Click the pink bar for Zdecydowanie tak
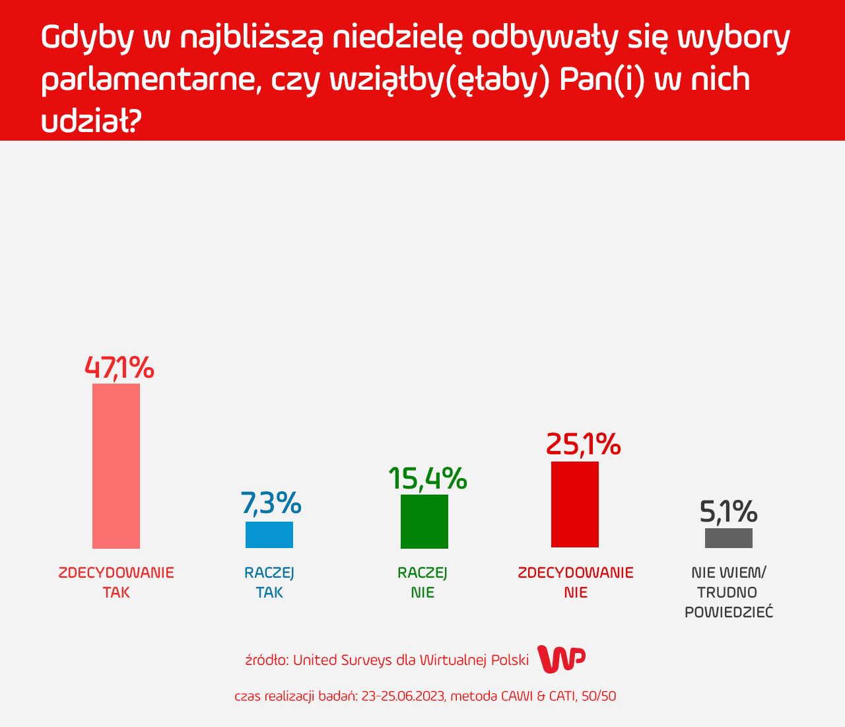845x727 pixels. [116, 466]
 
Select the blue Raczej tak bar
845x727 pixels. [269, 535]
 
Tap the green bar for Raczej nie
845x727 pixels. [424, 522]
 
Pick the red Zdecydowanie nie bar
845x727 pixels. [575, 504]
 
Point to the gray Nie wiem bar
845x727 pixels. [729, 538]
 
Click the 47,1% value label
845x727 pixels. [119, 368]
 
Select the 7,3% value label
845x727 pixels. [271, 504]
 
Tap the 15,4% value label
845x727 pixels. [427, 479]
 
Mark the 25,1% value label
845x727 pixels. [583, 444]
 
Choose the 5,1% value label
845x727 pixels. [728, 512]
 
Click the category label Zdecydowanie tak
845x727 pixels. [116, 582]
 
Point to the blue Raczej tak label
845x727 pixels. [269, 582]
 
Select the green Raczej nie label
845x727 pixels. [422, 582]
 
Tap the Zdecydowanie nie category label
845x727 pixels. [576, 582]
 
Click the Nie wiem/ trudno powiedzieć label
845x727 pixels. [729, 592]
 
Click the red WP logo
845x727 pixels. [561, 659]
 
